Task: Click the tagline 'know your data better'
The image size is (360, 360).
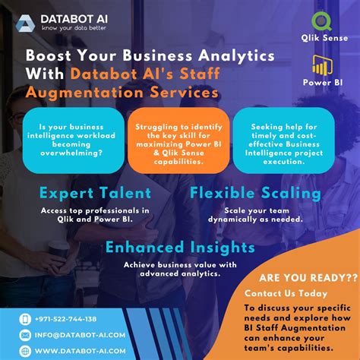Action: pyautogui.click(x=74, y=29)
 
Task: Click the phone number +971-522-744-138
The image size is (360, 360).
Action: pyautogui.click(x=64, y=319)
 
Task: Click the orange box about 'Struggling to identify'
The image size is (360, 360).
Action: pyautogui.click(x=179, y=138)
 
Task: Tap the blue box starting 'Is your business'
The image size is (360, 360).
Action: pyautogui.click(x=73, y=138)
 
